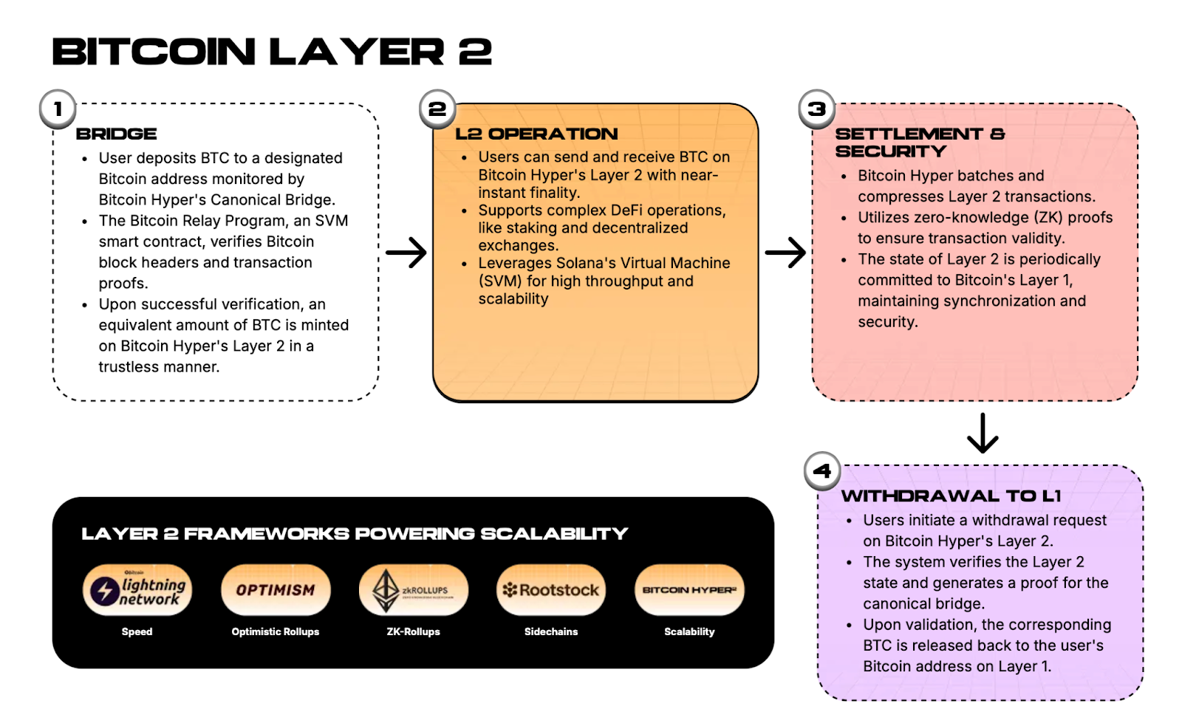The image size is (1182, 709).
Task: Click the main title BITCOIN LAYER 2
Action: [x=271, y=52]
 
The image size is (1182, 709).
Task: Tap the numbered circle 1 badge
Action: [x=58, y=109]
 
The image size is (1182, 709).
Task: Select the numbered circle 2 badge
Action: [x=437, y=109]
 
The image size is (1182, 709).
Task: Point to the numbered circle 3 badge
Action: [x=816, y=109]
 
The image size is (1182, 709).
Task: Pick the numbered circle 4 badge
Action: [x=822, y=470]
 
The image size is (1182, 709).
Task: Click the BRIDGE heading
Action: [x=116, y=134]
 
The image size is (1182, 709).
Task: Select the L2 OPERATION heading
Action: [x=536, y=134]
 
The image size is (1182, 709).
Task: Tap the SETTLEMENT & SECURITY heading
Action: [x=920, y=143]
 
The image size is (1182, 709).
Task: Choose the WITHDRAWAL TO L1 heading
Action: [x=951, y=496]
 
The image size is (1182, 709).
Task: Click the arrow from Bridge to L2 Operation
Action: [x=406, y=253]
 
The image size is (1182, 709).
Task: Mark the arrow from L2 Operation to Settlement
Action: [x=785, y=253]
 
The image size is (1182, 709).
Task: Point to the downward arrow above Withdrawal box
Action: [x=983, y=434]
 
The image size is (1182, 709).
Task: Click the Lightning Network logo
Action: [x=137, y=590]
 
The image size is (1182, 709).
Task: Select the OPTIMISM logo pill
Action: [x=276, y=590]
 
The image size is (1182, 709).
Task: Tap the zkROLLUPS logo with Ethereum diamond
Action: [x=413, y=590]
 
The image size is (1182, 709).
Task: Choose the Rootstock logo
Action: [x=551, y=590]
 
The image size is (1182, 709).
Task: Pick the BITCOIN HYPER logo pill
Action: [x=689, y=590]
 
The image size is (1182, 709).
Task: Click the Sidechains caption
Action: [x=551, y=631]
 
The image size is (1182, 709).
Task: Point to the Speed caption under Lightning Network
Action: [x=137, y=631]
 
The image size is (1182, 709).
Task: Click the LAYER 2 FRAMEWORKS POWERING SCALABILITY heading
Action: [x=355, y=534]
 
